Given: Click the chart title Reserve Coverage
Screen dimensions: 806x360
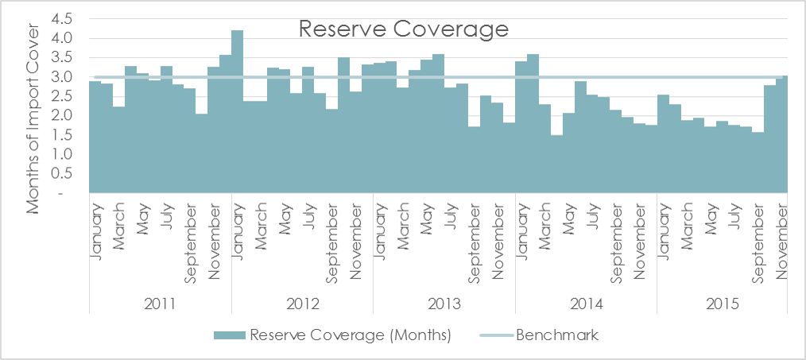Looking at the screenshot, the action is point(404,29).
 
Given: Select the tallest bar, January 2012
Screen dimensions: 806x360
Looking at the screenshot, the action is point(237,111).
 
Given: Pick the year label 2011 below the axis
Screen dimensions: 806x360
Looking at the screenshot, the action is point(160,303).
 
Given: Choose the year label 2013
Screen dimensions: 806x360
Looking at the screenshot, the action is point(444,303).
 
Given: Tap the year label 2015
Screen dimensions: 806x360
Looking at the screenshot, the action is point(728,303).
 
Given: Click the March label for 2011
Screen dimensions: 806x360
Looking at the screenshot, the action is point(119,226).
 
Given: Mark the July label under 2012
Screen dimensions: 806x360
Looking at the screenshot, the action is point(308,215).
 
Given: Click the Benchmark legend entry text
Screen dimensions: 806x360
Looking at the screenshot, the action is point(556,336).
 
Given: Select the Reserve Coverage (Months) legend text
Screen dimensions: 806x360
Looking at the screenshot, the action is point(351,336).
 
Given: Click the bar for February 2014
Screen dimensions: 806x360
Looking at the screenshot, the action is point(533,123).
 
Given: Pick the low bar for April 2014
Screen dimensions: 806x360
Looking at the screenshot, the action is point(556,164).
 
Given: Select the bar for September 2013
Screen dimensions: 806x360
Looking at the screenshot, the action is point(474,160).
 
